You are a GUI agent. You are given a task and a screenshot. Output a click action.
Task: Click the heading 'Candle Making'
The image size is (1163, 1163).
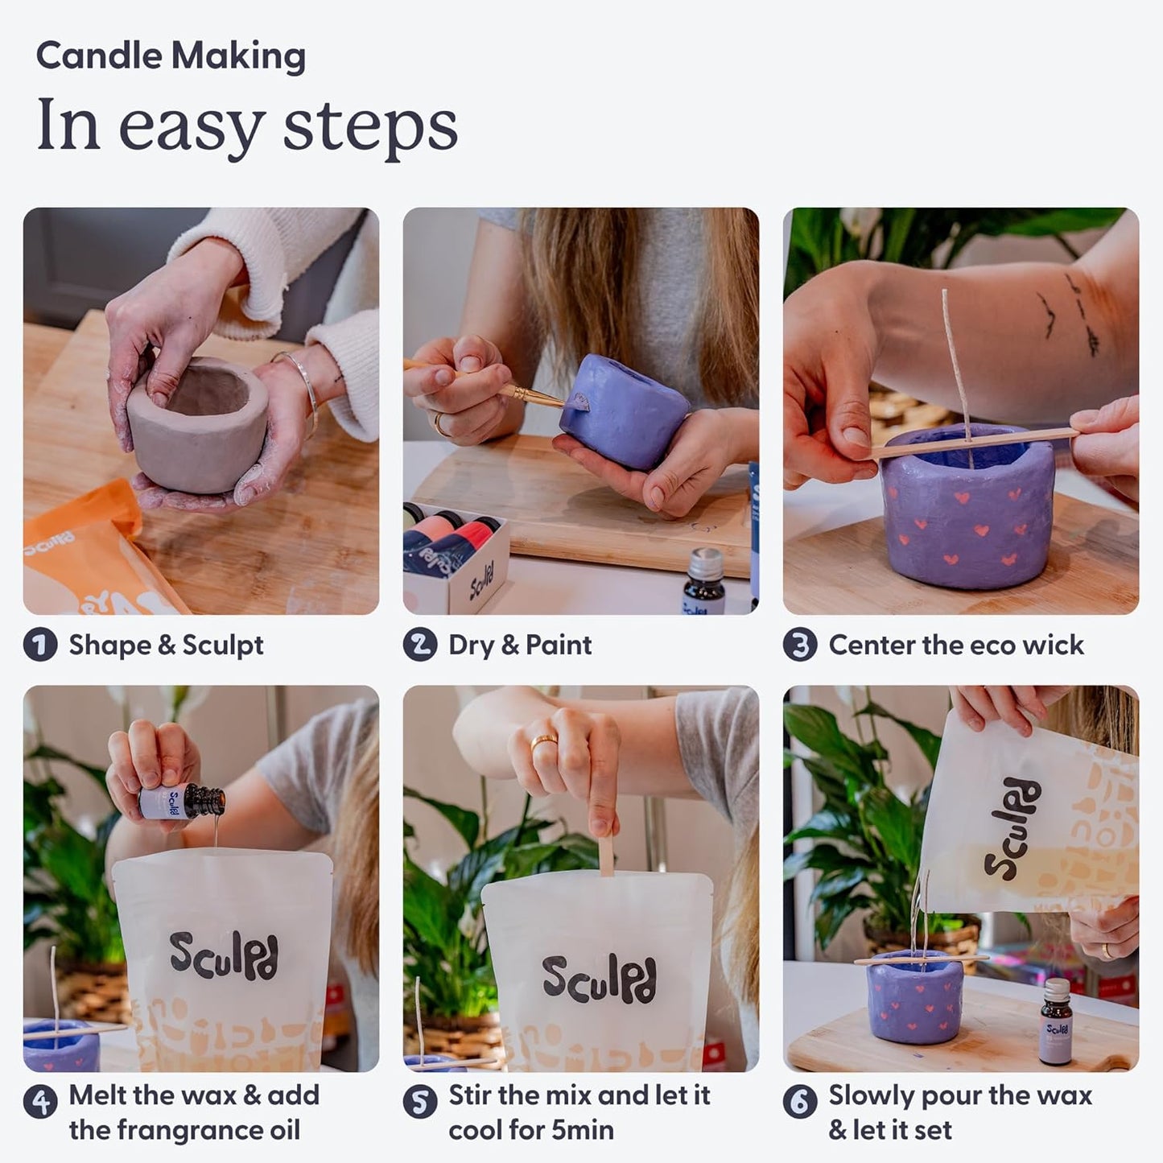click(x=171, y=56)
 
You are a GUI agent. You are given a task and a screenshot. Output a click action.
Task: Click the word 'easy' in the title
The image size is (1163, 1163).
click(x=192, y=126)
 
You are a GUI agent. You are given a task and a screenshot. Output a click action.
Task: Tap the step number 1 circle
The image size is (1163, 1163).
click(x=39, y=645)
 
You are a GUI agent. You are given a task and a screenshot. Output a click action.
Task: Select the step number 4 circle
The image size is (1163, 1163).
click(x=39, y=1101)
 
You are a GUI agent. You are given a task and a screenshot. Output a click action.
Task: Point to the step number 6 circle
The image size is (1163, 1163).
click(x=799, y=1101)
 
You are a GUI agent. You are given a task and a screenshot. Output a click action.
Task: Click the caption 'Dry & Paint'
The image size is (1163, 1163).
click(x=520, y=645)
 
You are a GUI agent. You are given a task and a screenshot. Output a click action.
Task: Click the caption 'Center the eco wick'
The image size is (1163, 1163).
click(x=956, y=645)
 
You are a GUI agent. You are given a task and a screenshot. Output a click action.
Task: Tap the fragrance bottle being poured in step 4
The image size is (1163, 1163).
click(x=181, y=802)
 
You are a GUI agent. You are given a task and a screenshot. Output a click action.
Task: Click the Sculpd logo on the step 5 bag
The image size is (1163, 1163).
click(x=599, y=979)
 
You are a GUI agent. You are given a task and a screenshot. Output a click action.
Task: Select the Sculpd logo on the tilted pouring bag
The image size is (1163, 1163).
click(x=1012, y=829)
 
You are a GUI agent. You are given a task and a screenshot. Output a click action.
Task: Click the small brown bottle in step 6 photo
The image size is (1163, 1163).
click(x=1056, y=1022)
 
